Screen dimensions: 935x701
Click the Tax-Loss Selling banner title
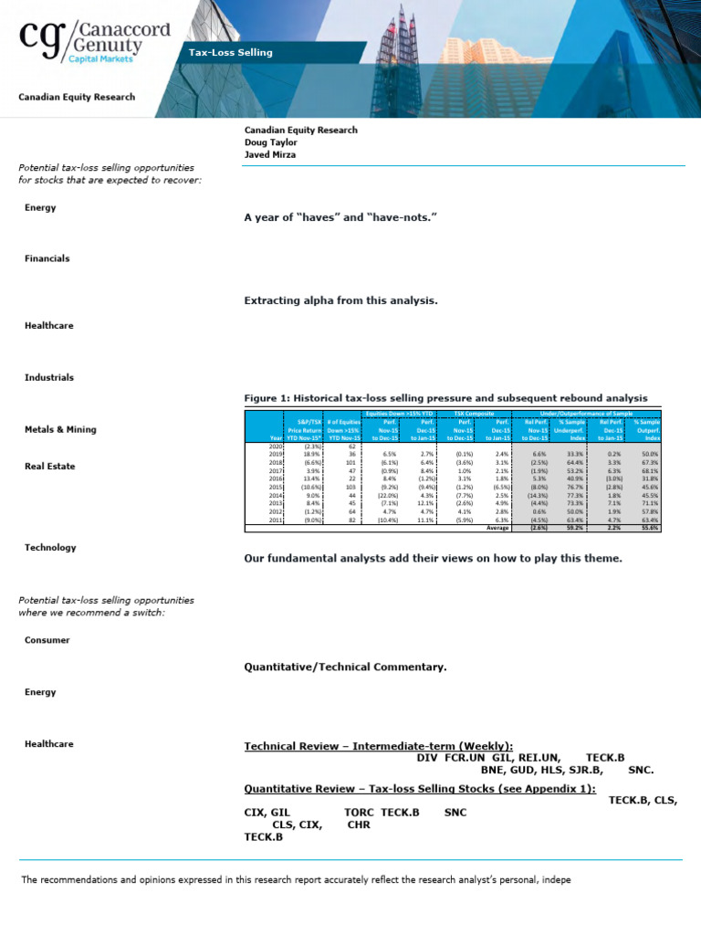click(x=230, y=53)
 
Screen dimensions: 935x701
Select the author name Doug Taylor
click(x=270, y=142)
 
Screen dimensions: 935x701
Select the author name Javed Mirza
click(x=271, y=155)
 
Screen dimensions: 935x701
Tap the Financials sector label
click(x=47, y=258)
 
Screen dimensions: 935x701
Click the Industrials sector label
click(x=48, y=377)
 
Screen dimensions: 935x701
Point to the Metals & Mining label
click(x=60, y=429)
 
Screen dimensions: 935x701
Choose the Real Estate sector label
click(x=50, y=467)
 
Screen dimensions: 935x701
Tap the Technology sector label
click(x=50, y=548)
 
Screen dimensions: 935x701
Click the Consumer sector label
click(x=47, y=640)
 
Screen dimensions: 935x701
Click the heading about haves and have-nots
click(x=341, y=218)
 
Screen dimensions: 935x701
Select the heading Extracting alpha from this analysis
click(x=341, y=300)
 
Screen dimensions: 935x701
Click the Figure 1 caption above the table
click(x=445, y=398)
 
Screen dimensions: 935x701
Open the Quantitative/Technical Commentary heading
click(x=345, y=667)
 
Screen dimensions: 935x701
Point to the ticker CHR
click(x=358, y=824)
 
